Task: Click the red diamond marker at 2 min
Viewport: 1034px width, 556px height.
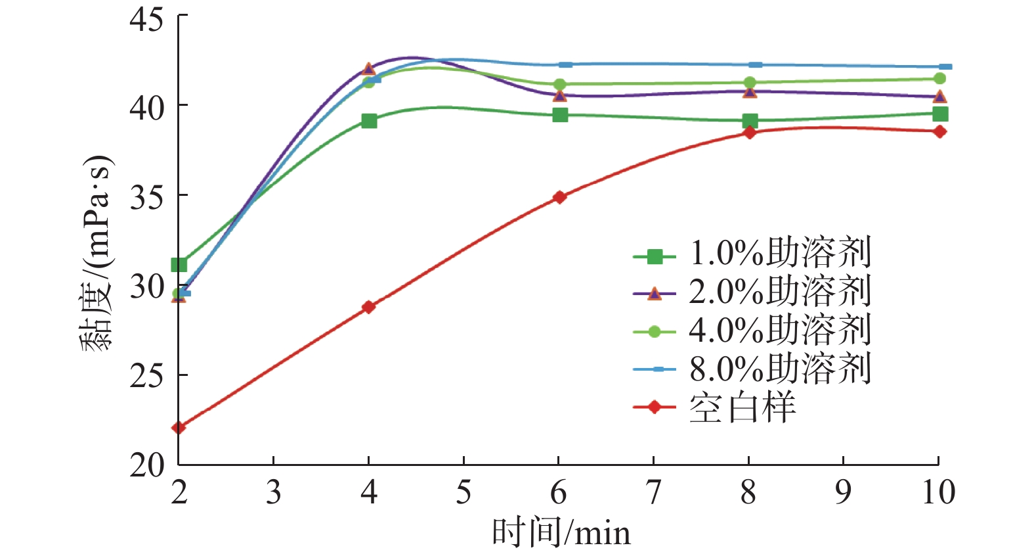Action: tap(179, 428)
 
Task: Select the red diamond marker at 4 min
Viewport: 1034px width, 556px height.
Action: tap(368, 307)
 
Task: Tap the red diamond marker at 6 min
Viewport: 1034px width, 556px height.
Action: tap(559, 197)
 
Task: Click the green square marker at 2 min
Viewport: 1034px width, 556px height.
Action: tap(179, 265)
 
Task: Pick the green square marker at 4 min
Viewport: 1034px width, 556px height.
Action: tap(369, 121)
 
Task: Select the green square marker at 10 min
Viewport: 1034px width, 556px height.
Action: tap(940, 114)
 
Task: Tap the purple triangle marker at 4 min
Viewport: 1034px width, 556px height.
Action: tap(368, 69)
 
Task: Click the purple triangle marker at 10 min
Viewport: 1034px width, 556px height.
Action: tap(940, 97)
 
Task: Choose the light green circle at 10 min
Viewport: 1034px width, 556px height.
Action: tap(940, 79)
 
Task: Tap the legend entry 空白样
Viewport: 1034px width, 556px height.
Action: tap(742, 407)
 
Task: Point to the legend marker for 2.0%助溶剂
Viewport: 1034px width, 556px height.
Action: tap(654, 294)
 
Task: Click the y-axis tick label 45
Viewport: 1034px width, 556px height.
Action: tap(146, 19)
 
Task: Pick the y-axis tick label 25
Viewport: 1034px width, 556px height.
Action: tap(146, 376)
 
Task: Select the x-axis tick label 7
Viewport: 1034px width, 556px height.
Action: tap(654, 493)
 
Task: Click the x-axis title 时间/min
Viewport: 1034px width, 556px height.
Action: tap(561, 533)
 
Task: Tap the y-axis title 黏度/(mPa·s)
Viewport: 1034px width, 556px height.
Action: tap(97, 254)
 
